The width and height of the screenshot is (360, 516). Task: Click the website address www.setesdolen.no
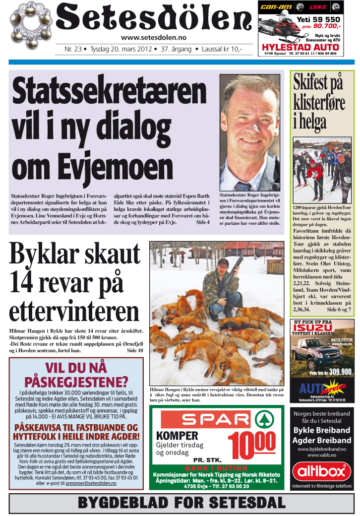pos(154,38)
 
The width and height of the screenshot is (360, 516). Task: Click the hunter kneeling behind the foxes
pos(222,288)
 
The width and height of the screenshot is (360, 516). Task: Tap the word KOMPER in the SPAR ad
pos(177,436)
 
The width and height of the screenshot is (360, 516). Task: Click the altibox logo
pos(322,470)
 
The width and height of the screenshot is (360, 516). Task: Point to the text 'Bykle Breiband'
pos(322,430)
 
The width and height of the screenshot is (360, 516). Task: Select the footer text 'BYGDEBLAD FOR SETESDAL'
pos(182,503)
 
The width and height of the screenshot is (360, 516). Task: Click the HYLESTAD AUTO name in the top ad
pos(300,48)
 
